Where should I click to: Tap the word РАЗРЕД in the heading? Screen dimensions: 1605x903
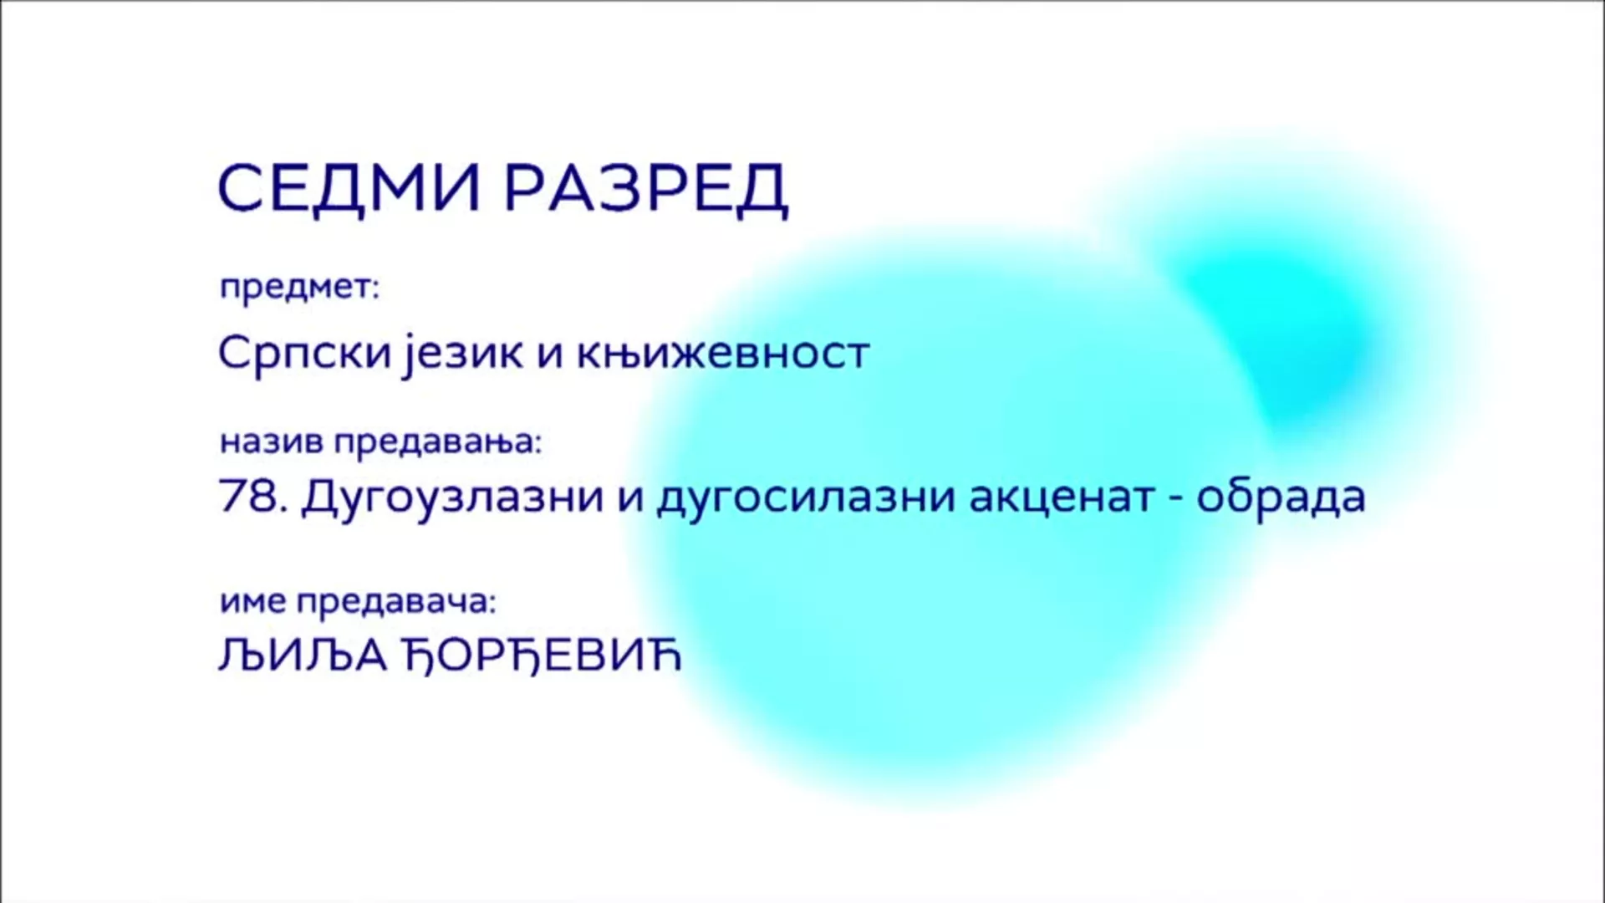tap(646, 189)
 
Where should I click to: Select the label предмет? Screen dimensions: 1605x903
tap(299, 289)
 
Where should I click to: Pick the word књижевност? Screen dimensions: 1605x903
tap(723, 353)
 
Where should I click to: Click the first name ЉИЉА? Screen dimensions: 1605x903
tap(303, 656)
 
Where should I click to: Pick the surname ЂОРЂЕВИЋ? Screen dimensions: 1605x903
tap(543, 656)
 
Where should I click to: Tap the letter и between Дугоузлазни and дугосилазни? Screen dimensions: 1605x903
tap(630, 501)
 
